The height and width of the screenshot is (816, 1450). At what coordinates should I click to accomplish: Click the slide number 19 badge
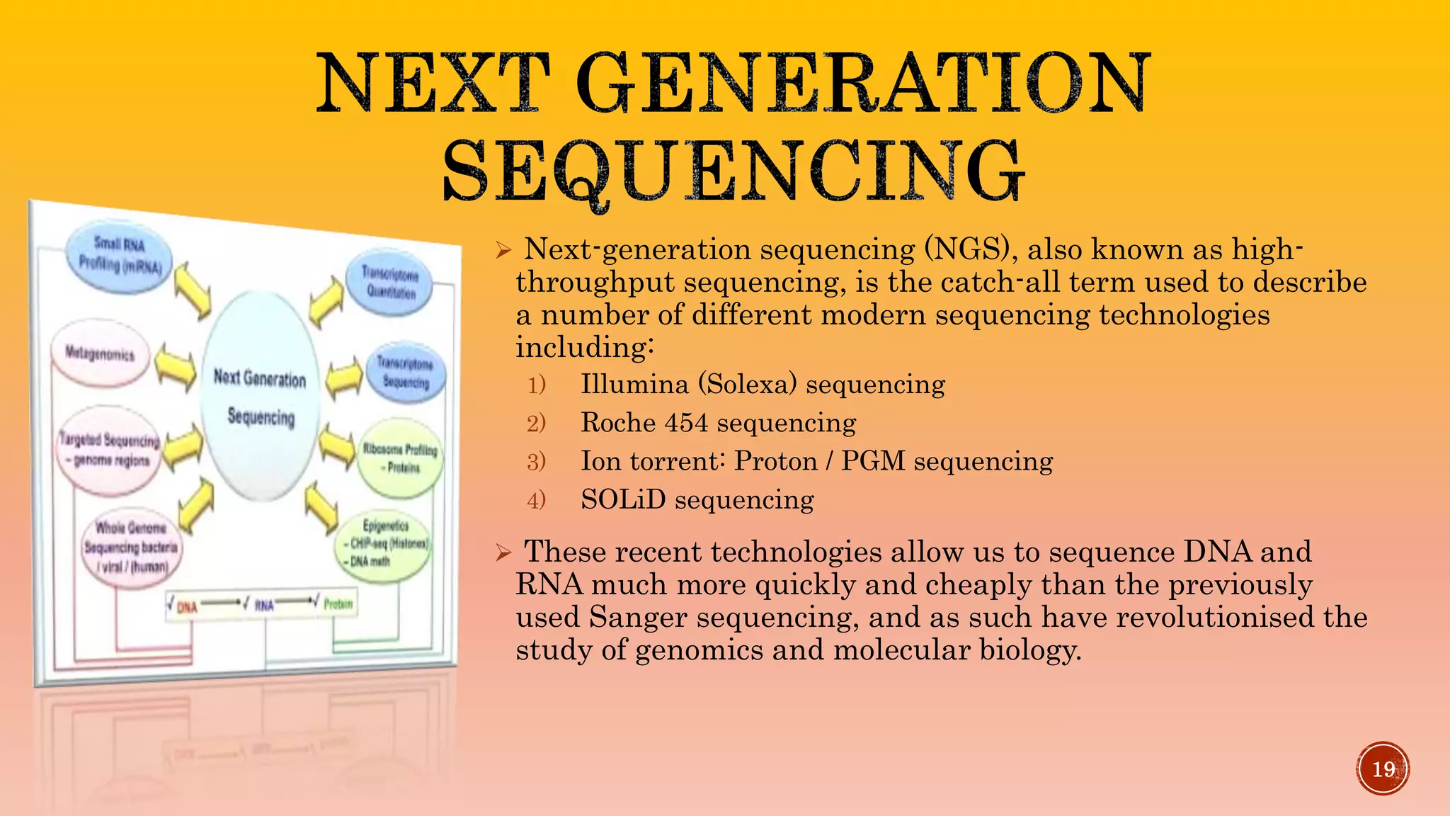(1383, 769)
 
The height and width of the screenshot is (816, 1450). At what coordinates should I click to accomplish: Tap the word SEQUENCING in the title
(733, 171)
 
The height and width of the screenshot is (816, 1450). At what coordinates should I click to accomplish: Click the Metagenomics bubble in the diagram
(100, 354)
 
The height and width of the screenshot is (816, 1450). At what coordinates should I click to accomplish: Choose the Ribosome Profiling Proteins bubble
(401, 458)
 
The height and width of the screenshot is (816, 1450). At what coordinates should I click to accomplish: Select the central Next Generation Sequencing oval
(260, 397)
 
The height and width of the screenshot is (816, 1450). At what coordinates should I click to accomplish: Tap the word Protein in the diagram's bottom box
(338, 604)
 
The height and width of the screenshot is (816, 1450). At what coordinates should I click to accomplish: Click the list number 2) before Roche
(537, 424)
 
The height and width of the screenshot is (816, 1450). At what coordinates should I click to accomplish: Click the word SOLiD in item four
(623, 500)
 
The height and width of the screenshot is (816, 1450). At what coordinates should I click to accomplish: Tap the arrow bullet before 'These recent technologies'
(503, 552)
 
